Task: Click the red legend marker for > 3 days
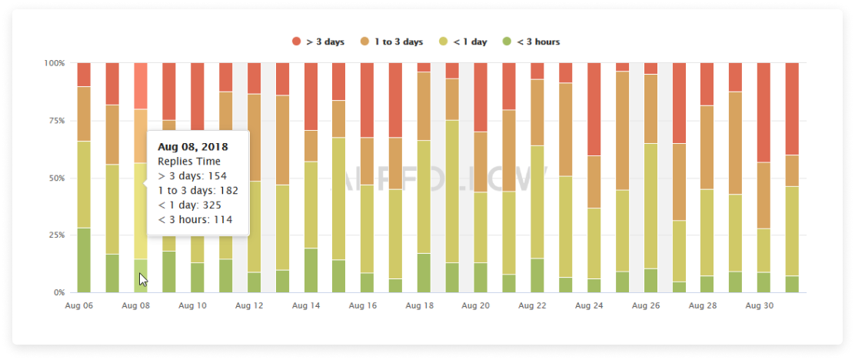(296, 42)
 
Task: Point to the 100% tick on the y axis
(55, 62)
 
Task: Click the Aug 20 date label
(475, 305)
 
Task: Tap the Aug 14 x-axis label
(305, 305)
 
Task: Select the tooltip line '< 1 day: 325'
(191, 205)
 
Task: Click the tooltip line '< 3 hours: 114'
(195, 220)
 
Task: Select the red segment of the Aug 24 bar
(594, 108)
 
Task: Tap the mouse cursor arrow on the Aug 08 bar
(143, 279)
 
